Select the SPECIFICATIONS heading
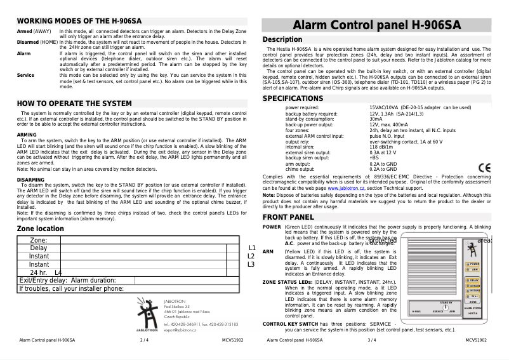point(293,98)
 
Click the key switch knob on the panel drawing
point(446,307)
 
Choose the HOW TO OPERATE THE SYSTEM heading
point(74,103)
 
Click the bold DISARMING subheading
point(30,180)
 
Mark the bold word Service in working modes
point(25,75)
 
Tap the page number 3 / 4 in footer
point(371,340)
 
